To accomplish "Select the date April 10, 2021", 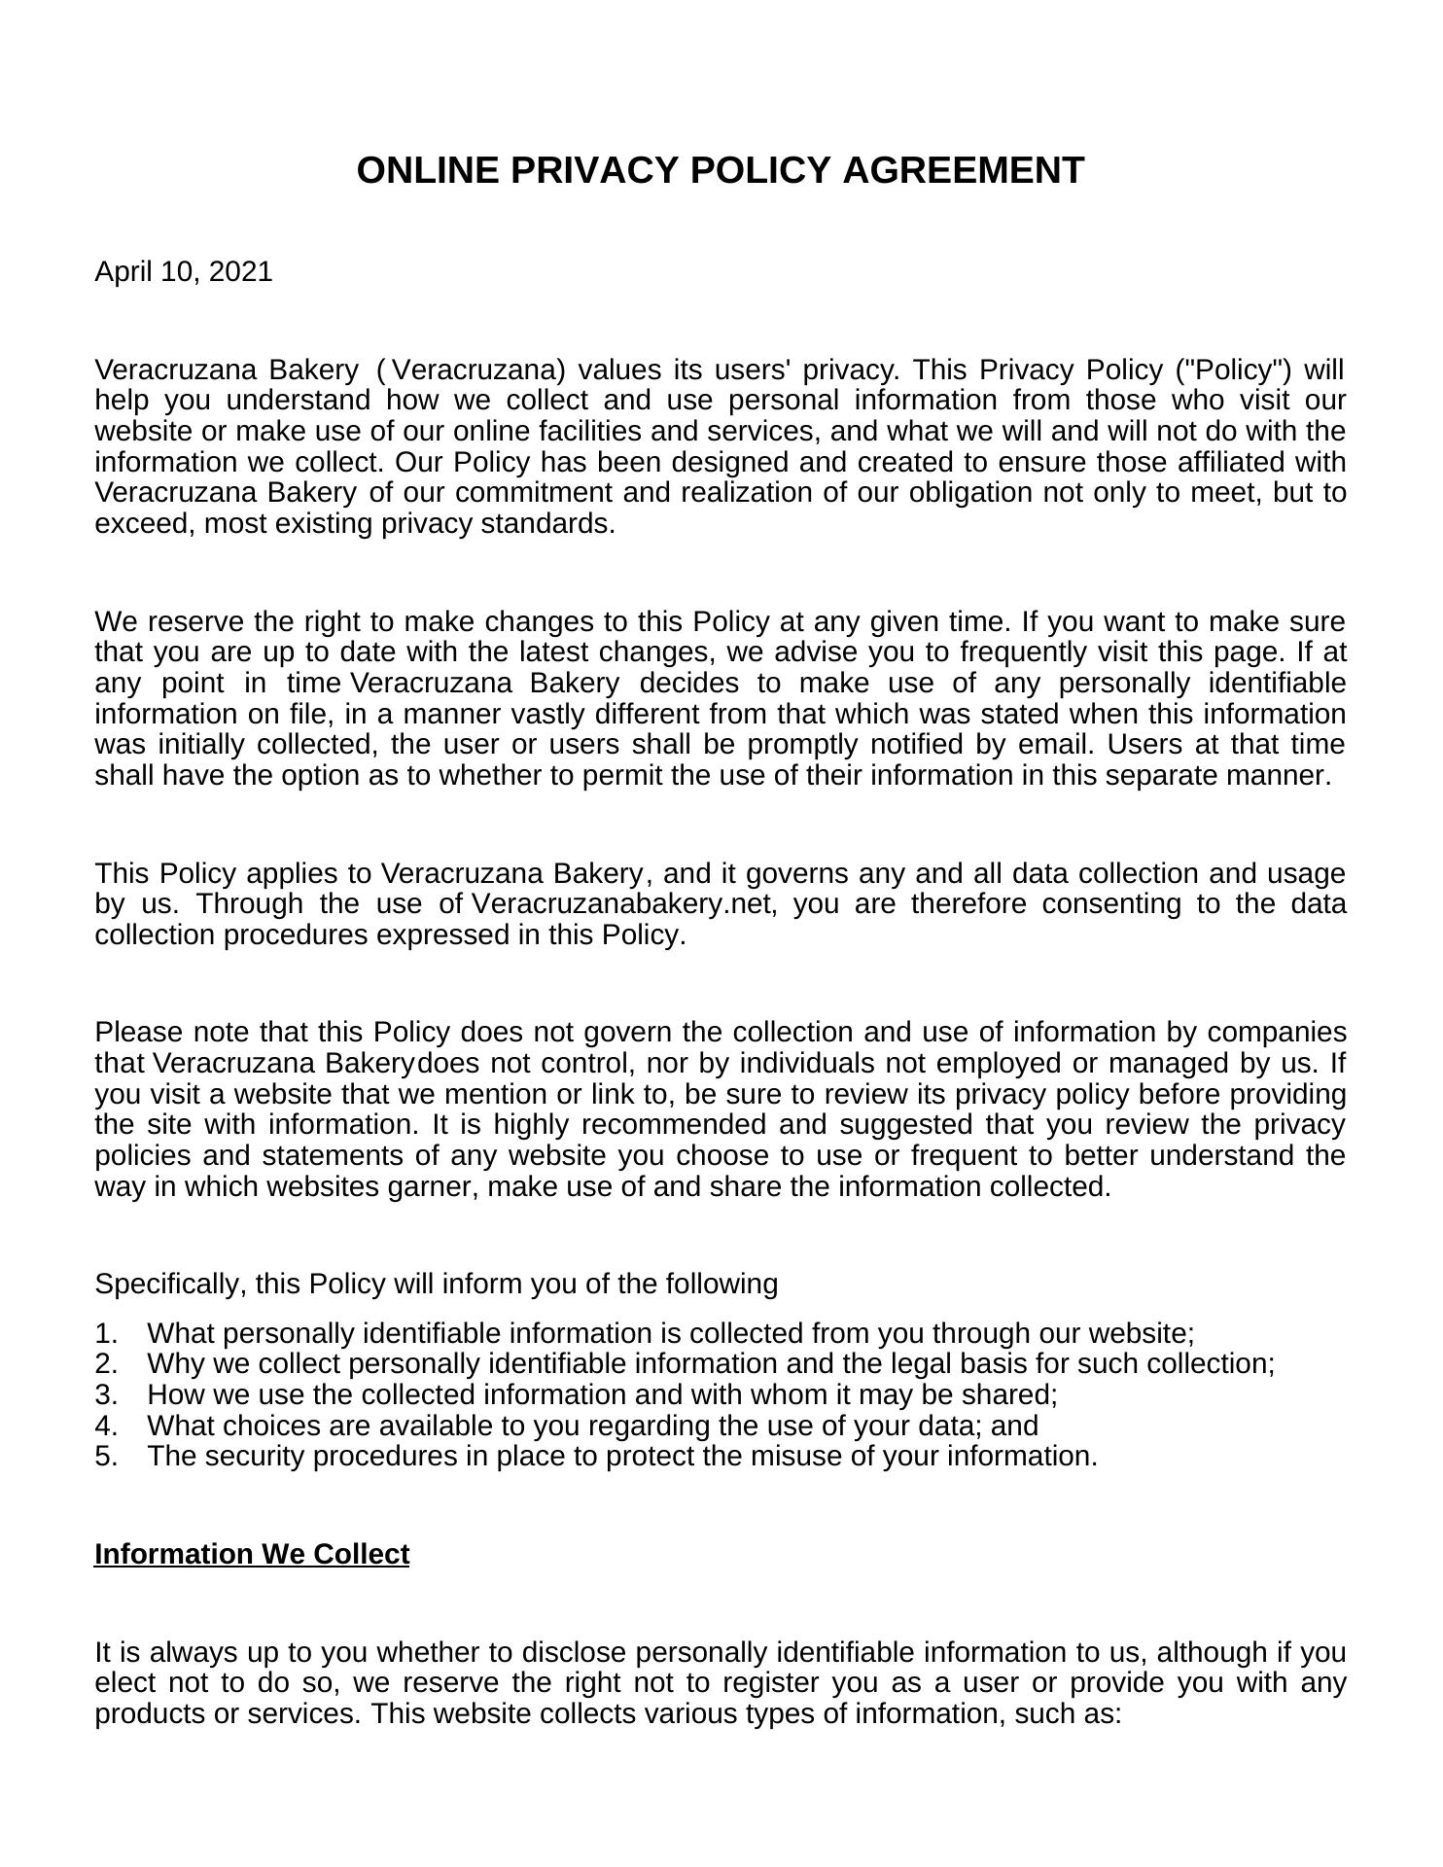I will tap(184, 272).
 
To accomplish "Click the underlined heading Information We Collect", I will tap(252, 1555).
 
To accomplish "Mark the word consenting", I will tap(1114, 904).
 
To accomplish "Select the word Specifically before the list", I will tap(170, 1285).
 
